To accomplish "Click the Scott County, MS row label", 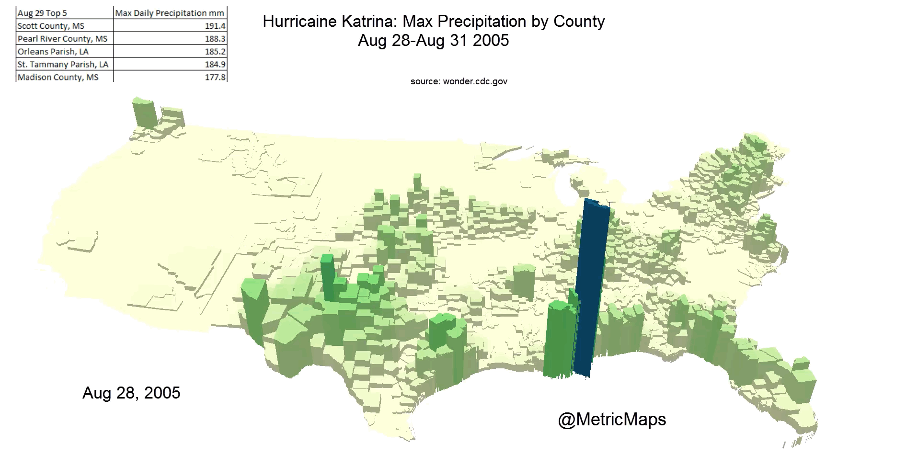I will click(x=51, y=26).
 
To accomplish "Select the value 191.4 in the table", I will click(x=215, y=26).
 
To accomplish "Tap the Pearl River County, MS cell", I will click(x=62, y=39).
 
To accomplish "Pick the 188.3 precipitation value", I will click(x=215, y=39).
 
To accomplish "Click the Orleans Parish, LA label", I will click(x=53, y=52).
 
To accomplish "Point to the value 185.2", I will click(x=215, y=52).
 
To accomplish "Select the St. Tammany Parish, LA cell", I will click(x=63, y=64).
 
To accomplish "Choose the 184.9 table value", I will click(x=215, y=64).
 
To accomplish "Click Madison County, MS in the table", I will click(x=57, y=77).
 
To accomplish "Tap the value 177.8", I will click(x=215, y=77).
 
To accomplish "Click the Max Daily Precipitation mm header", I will click(x=170, y=13).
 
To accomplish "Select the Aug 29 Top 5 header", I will click(x=42, y=13).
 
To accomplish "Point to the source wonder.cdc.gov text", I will click(x=459, y=81).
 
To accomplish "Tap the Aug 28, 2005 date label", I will click(x=131, y=393).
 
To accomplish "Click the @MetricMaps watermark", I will click(x=612, y=420).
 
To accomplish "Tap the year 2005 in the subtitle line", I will click(x=491, y=41).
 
